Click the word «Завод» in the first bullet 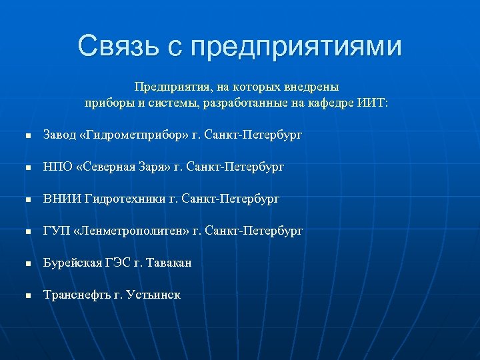59,135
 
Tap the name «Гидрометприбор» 133,135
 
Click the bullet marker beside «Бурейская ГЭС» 28,263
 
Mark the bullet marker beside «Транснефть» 28,295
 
